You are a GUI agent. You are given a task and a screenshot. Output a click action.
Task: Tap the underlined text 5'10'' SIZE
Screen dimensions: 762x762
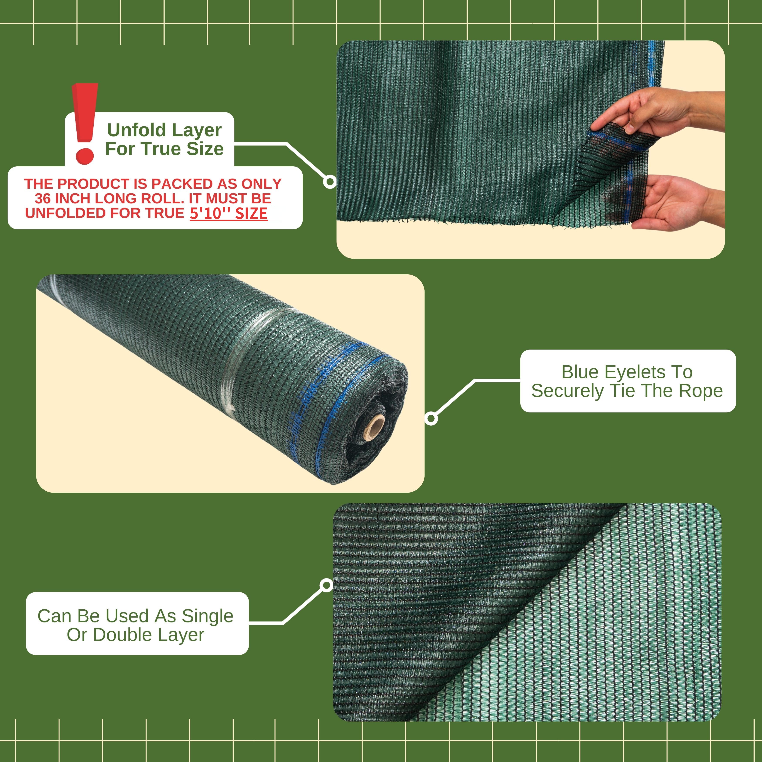[229, 213]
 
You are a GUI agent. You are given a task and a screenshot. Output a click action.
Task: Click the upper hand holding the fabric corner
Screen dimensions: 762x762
[657, 112]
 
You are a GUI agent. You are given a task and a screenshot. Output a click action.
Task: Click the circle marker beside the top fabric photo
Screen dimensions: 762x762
[330, 182]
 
